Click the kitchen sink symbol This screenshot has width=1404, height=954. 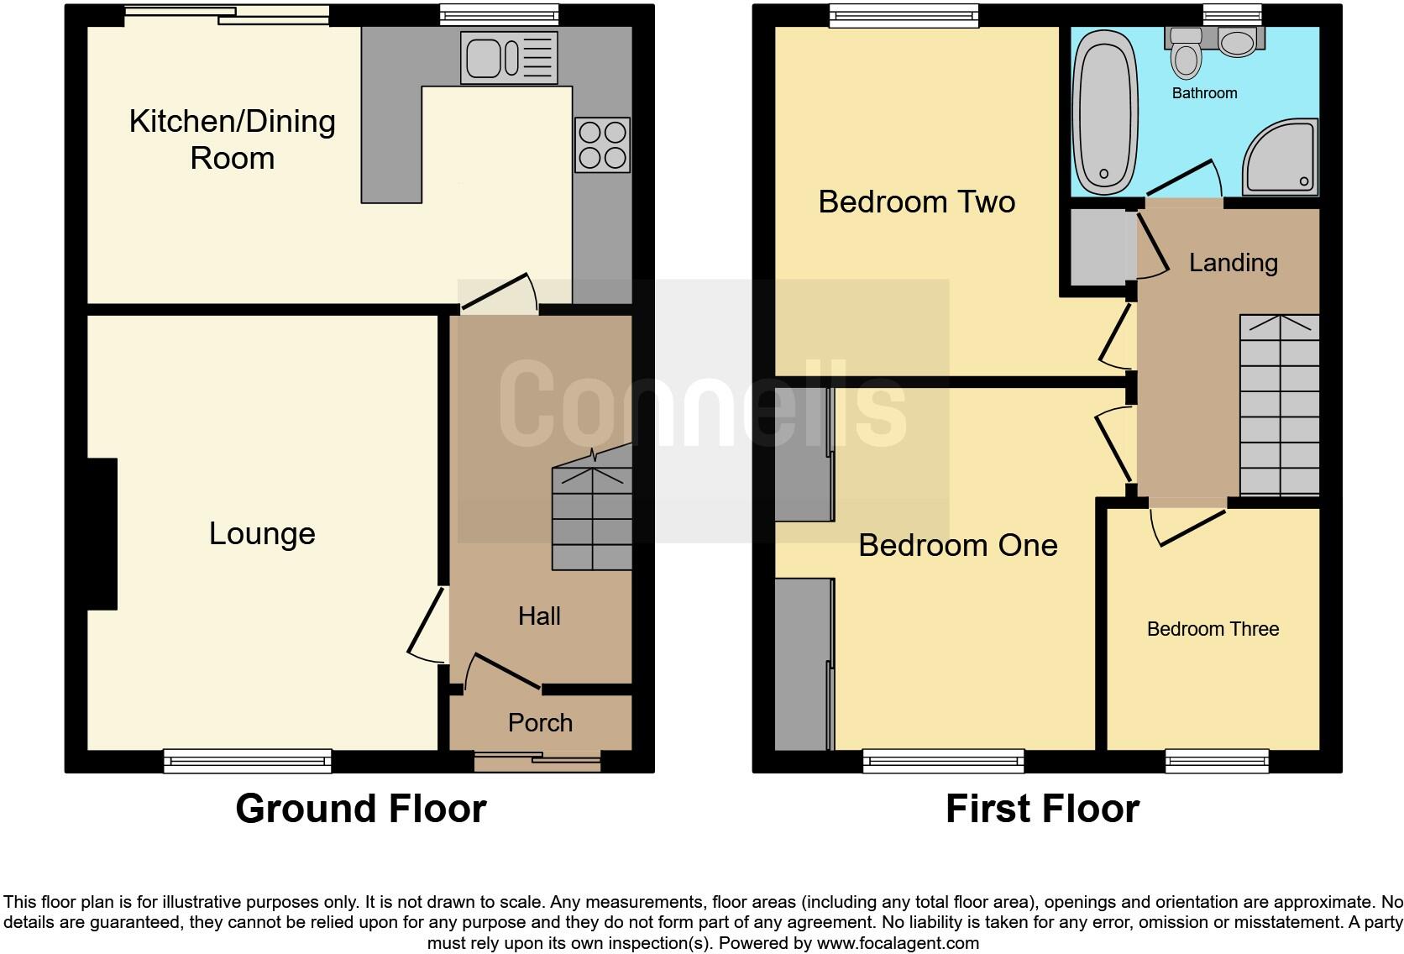click(x=508, y=57)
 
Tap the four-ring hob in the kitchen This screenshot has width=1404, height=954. click(x=602, y=145)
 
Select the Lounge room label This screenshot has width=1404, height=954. click(x=262, y=533)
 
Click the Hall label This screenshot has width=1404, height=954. click(x=539, y=616)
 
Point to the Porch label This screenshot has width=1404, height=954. click(x=540, y=722)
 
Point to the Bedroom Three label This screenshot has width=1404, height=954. click(x=1213, y=629)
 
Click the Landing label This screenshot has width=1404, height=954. click(x=1233, y=263)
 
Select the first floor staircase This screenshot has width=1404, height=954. click(x=1279, y=405)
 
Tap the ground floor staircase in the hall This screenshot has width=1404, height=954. click(x=591, y=519)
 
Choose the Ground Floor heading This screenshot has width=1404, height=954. click(x=360, y=809)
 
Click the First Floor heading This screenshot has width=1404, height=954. click(x=1042, y=809)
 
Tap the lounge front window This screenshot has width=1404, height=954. click(x=248, y=761)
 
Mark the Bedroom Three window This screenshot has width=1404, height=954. click(x=1216, y=761)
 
